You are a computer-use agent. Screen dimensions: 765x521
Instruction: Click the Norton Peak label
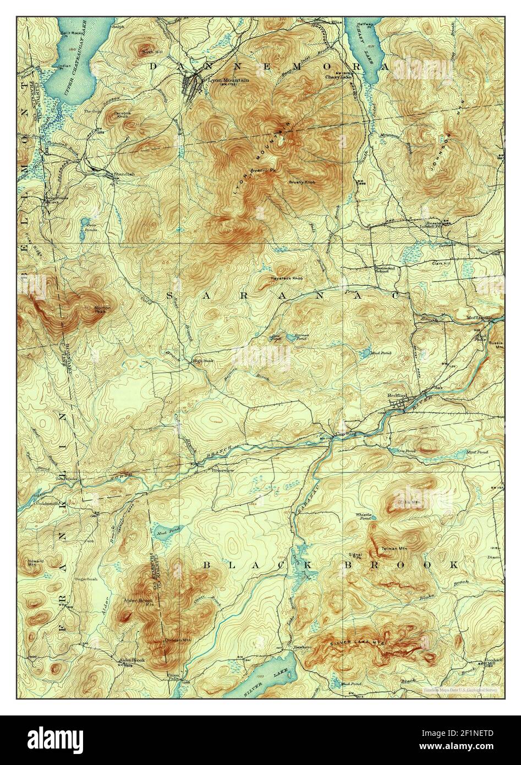[x=102, y=309]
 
